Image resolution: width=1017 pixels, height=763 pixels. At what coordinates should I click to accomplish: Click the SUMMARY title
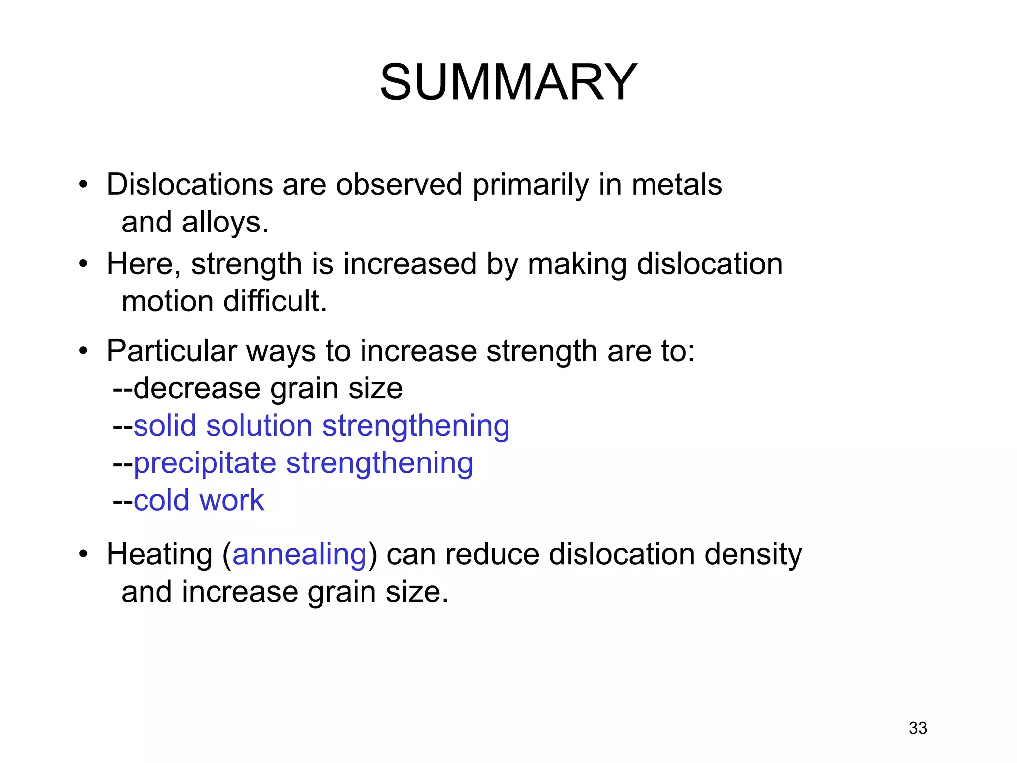(x=508, y=82)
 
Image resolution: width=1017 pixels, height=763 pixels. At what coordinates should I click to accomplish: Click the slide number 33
(x=918, y=728)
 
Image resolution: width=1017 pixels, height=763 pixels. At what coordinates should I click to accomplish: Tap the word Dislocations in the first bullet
(x=189, y=184)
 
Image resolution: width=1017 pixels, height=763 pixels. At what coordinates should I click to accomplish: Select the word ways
(x=281, y=352)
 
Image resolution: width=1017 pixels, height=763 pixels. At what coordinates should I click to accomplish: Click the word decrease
(x=197, y=388)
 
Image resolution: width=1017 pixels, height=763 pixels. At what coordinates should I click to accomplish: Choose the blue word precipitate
(x=205, y=463)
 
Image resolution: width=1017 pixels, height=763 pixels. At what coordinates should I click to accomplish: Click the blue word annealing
(x=299, y=555)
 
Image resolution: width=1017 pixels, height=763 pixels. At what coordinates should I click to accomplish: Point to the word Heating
(x=159, y=555)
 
